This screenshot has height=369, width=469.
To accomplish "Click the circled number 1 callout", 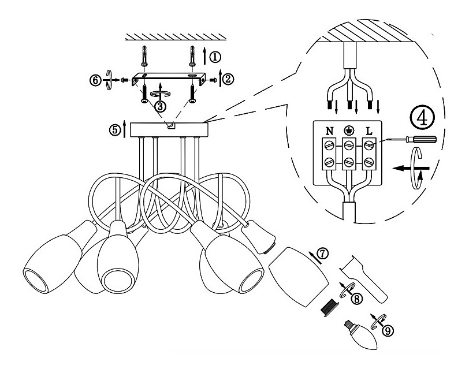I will [x=215, y=57].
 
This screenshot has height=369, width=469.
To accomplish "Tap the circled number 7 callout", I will [x=322, y=252].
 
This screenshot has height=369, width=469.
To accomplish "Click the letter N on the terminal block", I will [x=328, y=131].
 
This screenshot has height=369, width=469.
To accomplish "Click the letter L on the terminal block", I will [x=368, y=131].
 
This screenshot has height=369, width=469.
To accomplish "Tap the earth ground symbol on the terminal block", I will [x=348, y=131].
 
